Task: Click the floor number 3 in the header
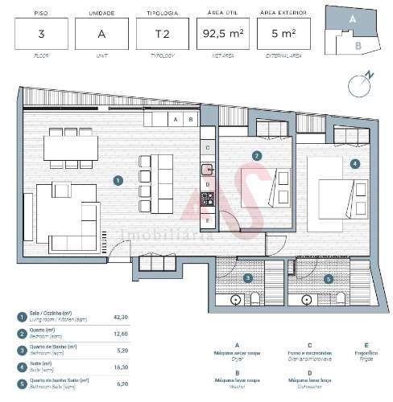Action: click(40, 34)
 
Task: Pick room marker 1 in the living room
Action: click(118, 181)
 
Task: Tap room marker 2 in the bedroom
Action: click(256, 155)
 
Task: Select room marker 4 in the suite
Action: click(355, 163)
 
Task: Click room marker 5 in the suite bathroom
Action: click(327, 278)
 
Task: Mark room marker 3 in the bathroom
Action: click(248, 278)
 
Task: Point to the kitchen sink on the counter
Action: click(208, 169)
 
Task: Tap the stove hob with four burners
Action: click(208, 199)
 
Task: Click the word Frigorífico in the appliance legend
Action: click(366, 353)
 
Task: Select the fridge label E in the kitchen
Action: click(208, 219)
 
